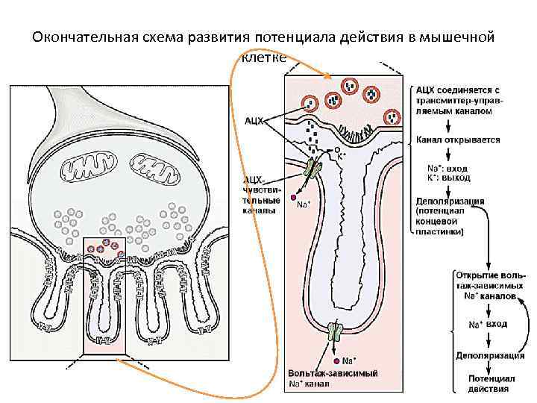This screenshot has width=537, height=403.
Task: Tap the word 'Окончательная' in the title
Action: coord(82,37)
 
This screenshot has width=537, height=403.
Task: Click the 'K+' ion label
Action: coord(341,156)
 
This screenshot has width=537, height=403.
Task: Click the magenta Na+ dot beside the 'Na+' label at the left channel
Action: coord(293,199)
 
